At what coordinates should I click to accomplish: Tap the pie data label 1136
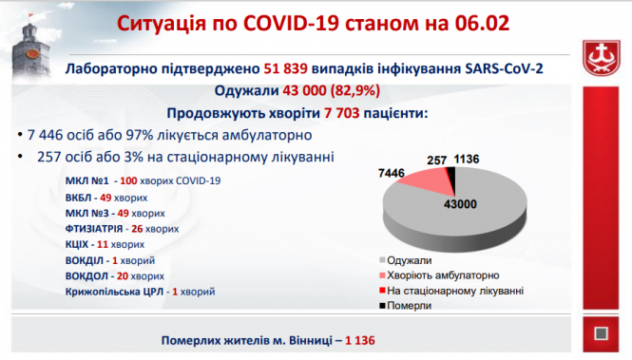tap(469, 161)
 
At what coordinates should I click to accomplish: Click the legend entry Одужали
tap(411, 259)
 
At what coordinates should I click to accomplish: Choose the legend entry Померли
tap(410, 304)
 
